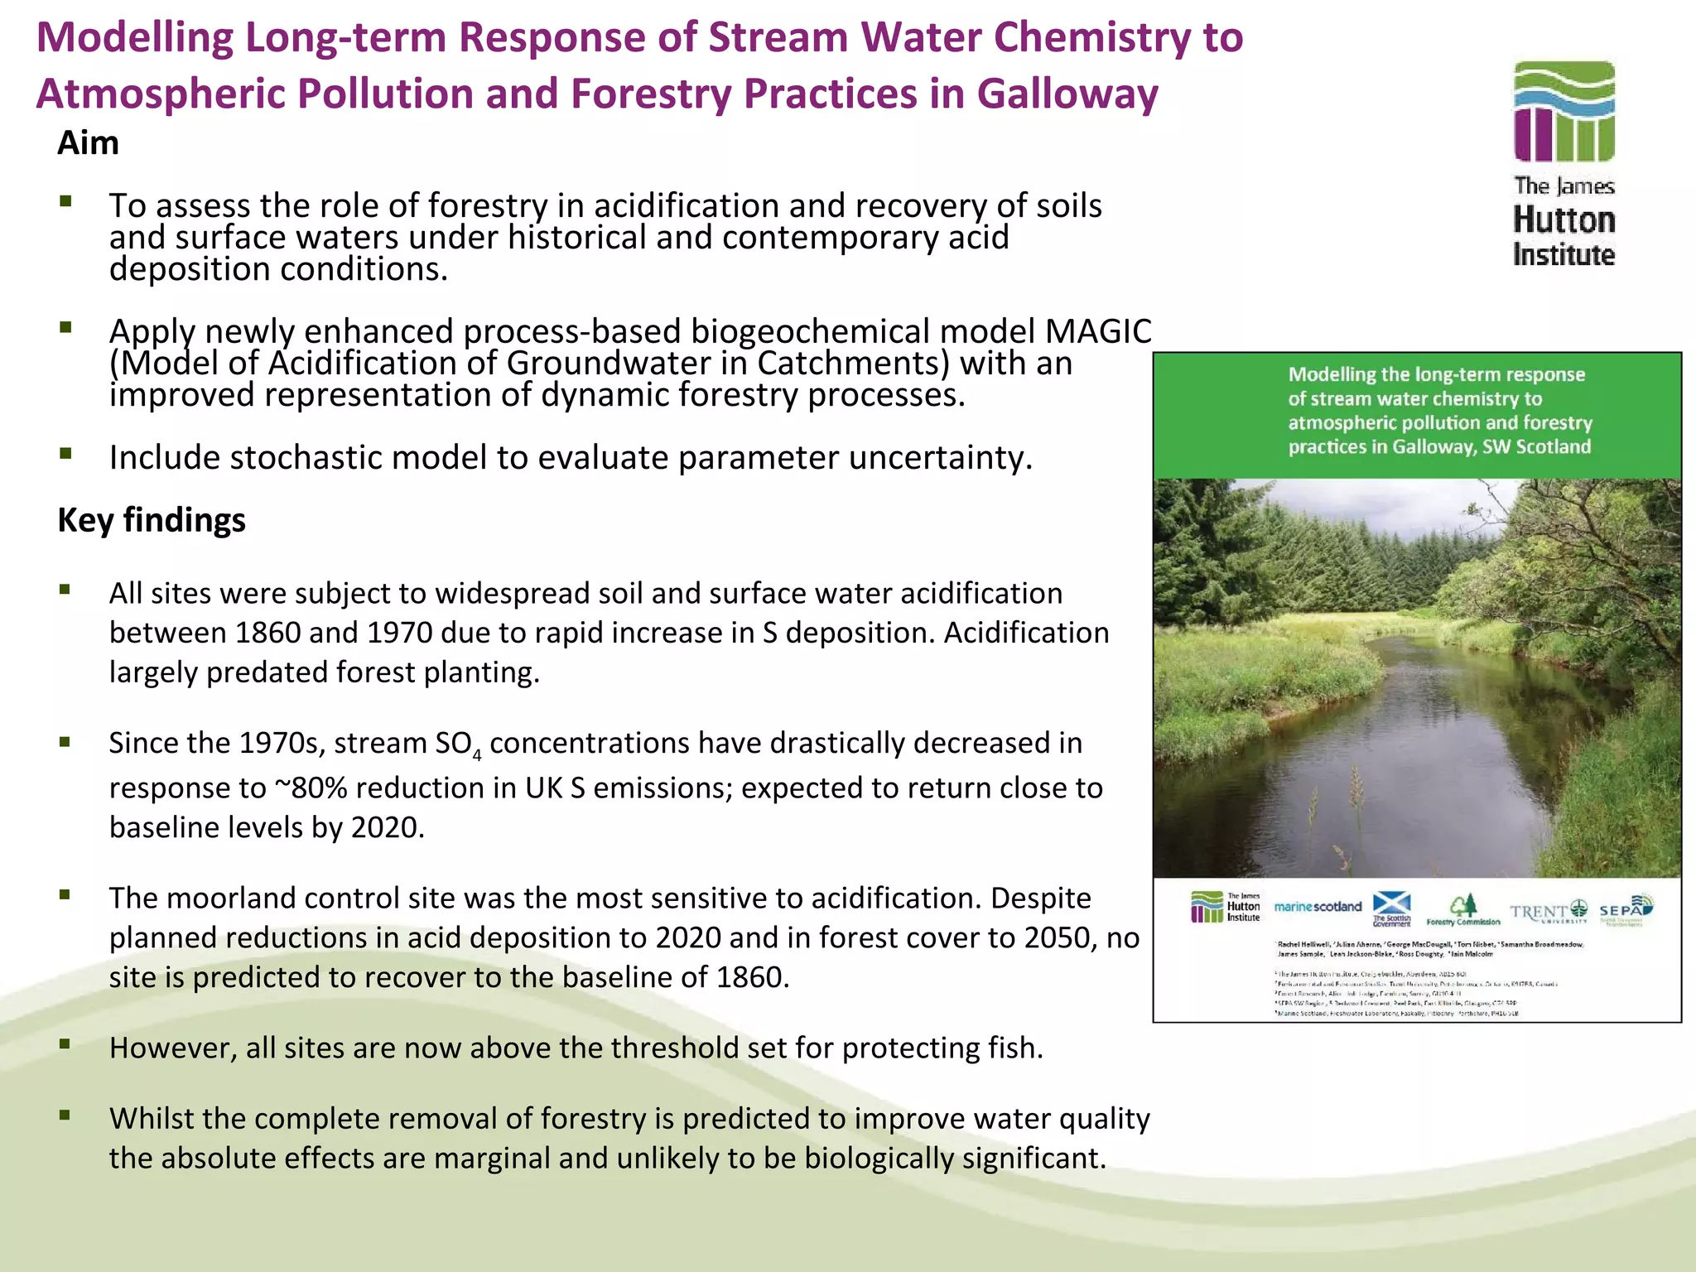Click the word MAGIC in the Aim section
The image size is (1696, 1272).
1097,332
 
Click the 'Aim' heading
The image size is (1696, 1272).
88,143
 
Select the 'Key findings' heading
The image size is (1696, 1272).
152,520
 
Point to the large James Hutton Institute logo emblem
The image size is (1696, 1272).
1563,112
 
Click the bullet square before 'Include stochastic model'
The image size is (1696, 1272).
65,453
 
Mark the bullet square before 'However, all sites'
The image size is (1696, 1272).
65,1043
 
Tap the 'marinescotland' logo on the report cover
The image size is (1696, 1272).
1318,907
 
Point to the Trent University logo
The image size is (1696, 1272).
1548,912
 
